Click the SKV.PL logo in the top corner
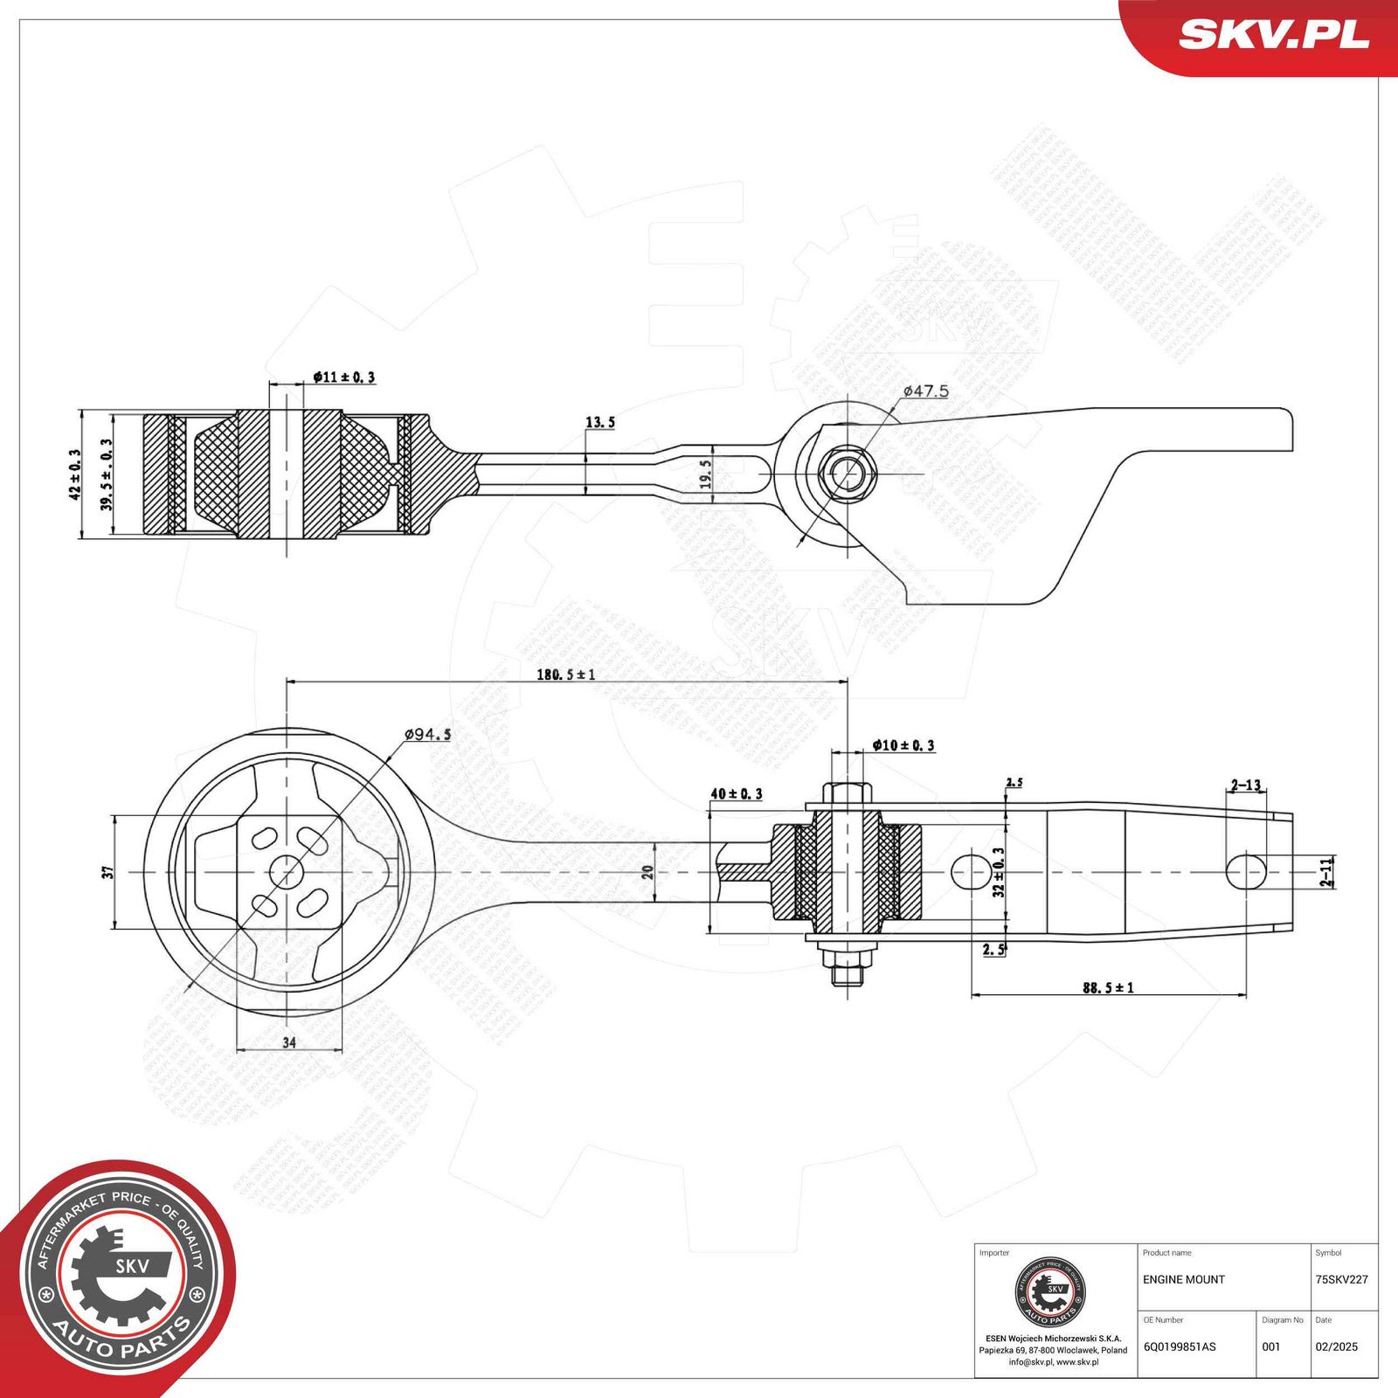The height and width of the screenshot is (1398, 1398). (x=1273, y=35)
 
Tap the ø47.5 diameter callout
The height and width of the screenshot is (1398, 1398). (x=925, y=391)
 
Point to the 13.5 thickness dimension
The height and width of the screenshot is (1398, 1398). (x=599, y=423)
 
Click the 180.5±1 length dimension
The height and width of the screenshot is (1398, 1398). (x=565, y=675)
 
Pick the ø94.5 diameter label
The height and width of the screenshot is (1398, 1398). (x=427, y=735)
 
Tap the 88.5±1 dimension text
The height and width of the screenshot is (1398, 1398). (x=1108, y=987)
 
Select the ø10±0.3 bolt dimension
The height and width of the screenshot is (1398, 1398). (x=903, y=745)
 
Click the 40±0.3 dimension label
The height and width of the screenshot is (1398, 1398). (x=736, y=793)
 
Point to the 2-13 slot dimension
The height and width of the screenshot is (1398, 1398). (x=1246, y=785)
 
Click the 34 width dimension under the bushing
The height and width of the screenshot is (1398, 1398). (x=289, y=1042)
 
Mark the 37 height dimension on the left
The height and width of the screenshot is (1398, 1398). (x=107, y=872)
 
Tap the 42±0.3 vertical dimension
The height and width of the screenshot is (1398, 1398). (x=75, y=474)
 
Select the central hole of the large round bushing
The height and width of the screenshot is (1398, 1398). (x=287, y=871)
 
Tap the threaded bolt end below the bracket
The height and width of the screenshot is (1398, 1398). (x=847, y=970)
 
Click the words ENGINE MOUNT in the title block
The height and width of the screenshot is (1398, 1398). (x=1183, y=1279)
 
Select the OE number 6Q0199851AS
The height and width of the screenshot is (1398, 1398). (x=1179, y=1346)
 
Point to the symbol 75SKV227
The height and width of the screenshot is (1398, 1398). (x=1341, y=1279)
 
